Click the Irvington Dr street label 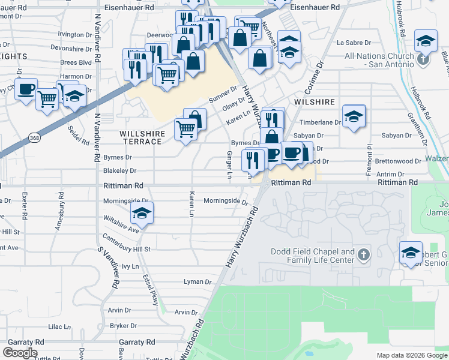75,35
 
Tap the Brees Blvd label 76,62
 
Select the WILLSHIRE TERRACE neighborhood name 141,137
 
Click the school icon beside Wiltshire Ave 142,212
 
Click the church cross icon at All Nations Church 424,59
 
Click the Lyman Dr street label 198,282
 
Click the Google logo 20,353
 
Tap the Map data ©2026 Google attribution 412,355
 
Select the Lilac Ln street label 59,327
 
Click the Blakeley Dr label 120,171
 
